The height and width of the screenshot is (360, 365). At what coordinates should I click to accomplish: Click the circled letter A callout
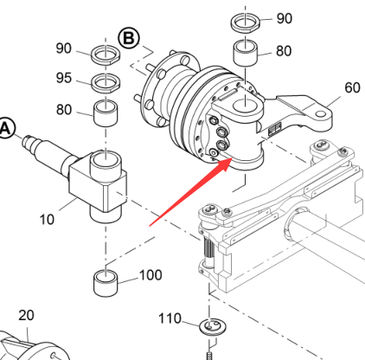point(6,128)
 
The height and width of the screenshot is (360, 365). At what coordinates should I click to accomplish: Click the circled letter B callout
point(129,38)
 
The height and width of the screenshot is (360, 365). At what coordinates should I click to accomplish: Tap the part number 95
point(64,78)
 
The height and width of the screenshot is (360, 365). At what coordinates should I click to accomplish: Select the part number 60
point(352,87)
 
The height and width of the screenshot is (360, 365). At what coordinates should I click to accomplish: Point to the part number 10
point(47,220)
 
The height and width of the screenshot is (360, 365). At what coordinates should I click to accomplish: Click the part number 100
point(150,275)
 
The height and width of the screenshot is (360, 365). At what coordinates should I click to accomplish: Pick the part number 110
point(170,318)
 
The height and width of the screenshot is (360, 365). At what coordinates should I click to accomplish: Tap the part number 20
point(26,315)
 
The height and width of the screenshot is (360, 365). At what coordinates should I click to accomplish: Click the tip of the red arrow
point(233,158)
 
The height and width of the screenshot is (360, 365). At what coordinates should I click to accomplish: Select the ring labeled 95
point(106,82)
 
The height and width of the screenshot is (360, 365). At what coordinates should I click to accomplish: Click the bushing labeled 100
point(106,283)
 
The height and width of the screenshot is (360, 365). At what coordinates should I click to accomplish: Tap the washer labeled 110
point(213,327)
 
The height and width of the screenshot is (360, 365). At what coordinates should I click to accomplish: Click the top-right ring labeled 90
point(246,23)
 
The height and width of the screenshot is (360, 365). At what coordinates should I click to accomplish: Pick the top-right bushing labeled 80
point(246,54)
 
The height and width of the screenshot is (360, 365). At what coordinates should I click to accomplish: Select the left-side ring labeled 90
point(106,55)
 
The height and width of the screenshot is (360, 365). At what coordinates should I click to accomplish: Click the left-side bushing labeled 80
point(106,113)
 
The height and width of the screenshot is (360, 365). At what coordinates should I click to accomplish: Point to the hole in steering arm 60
point(321,114)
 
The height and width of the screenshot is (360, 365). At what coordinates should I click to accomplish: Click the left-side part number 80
point(64,110)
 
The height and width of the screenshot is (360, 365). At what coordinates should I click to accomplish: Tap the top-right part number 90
point(285,18)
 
